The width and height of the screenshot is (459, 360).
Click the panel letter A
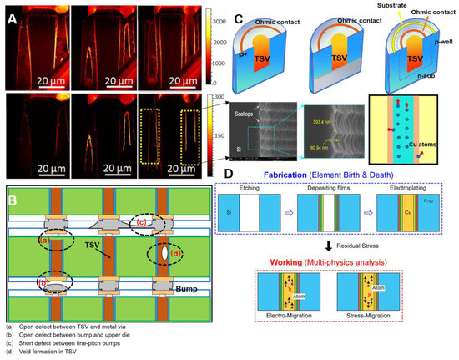[12, 13]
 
